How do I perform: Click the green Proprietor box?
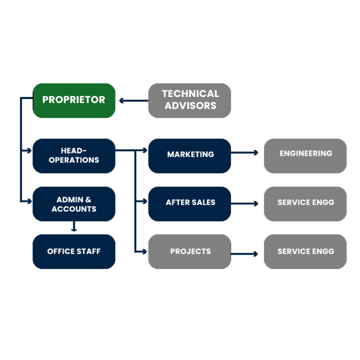click(74, 100)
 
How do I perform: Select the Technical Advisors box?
click(190, 100)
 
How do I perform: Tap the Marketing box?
click(190, 155)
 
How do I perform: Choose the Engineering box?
click(305, 155)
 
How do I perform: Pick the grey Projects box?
click(190, 252)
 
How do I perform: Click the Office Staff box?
click(74, 252)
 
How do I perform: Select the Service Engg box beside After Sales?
click(305, 203)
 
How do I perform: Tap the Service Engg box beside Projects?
click(305, 252)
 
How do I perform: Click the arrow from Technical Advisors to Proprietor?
click(133, 100)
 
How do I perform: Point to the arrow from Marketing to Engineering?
click(245, 152)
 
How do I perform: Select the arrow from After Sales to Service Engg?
click(245, 203)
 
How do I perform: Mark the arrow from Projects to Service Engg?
click(245, 254)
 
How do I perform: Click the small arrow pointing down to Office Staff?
click(74, 228)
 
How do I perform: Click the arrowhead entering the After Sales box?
click(144, 202)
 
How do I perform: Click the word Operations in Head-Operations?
click(74, 160)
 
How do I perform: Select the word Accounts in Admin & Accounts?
click(74, 209)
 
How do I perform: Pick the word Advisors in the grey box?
click(190, 106)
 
